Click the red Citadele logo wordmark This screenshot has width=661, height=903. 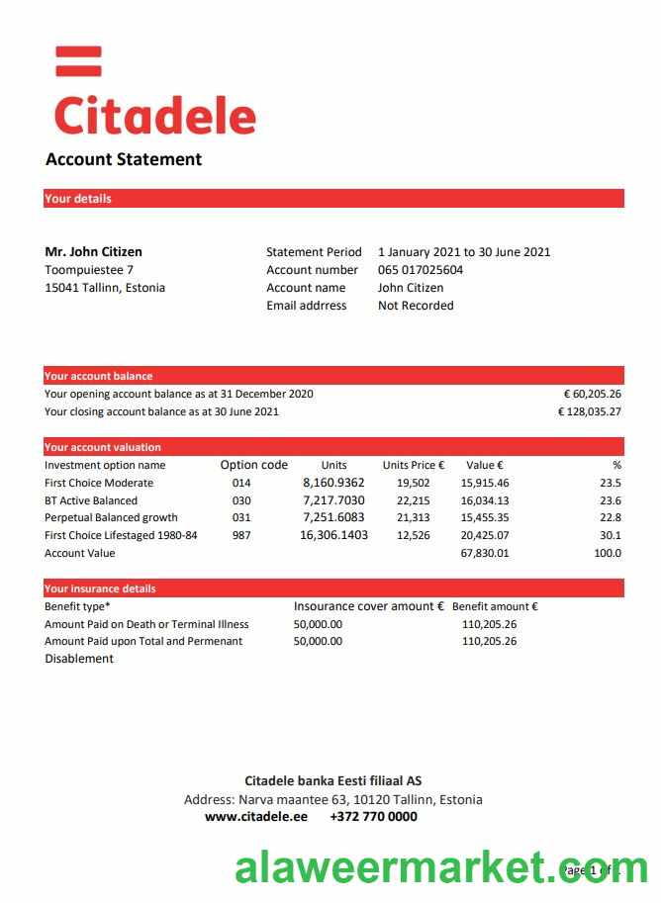[x=155, y=115]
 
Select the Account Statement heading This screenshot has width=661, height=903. [x=124, y=159]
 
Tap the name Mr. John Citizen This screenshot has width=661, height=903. [x=94, y=251]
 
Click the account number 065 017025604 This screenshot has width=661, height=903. [x=421, y=270]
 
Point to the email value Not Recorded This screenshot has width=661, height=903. [x=416, y=306]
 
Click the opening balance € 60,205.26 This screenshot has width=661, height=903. [x=592, y=394]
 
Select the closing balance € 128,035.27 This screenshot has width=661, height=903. [x=589, y=411]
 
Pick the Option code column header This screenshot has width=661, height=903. [x=253, y=465]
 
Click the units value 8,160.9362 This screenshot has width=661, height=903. [x=333, y=483]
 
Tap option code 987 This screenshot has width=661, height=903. [x=241, y=535]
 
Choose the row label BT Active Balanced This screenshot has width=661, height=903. [x=91, y=500]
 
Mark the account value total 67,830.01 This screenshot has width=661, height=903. [x=485, y=553]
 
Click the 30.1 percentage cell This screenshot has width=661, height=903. [x=611, y=535]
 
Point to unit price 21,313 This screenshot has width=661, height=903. [x=413, y=517]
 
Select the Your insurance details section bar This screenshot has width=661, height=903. [x=333, y=588]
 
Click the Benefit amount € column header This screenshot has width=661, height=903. [x=495, y=606]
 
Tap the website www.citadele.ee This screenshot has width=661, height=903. [x=256, y=817]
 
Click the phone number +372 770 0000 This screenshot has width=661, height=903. [x=373, y=817]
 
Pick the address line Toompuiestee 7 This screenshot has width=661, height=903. [x=89, y=270]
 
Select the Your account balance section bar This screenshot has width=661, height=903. [x=333, y=376]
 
